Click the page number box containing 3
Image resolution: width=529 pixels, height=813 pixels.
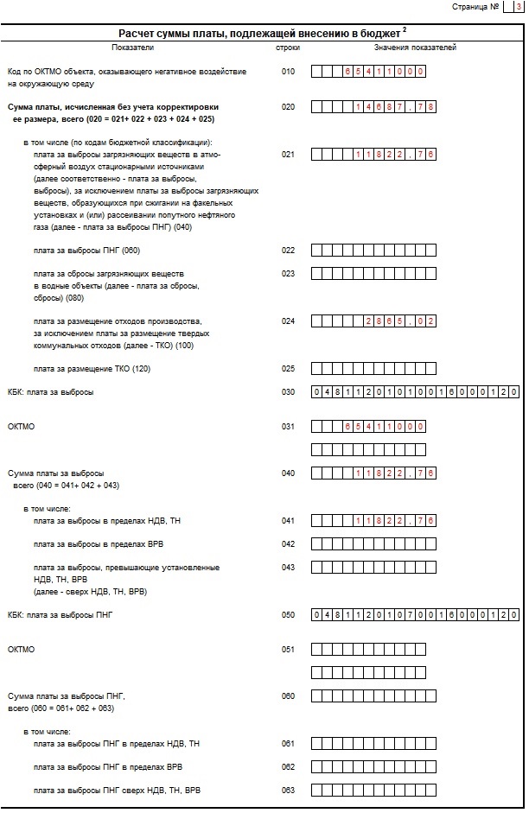[518, 7]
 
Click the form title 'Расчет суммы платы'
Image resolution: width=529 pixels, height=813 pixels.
[262, 33]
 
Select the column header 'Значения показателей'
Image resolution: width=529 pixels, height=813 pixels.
[415, 48]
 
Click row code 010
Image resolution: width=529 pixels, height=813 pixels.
[288, 72]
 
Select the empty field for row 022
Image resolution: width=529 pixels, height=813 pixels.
[373, 251]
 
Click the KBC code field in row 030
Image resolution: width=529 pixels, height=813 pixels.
[415, 392]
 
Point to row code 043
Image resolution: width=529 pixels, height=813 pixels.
[288, 568]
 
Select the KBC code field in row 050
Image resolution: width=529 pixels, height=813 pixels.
[415, 614]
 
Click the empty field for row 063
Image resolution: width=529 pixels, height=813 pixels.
[373, 791]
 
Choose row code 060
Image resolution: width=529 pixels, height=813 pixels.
[288, 695]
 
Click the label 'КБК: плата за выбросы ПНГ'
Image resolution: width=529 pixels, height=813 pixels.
[61, 614]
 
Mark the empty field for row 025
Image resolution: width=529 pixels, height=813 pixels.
[373, 368]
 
